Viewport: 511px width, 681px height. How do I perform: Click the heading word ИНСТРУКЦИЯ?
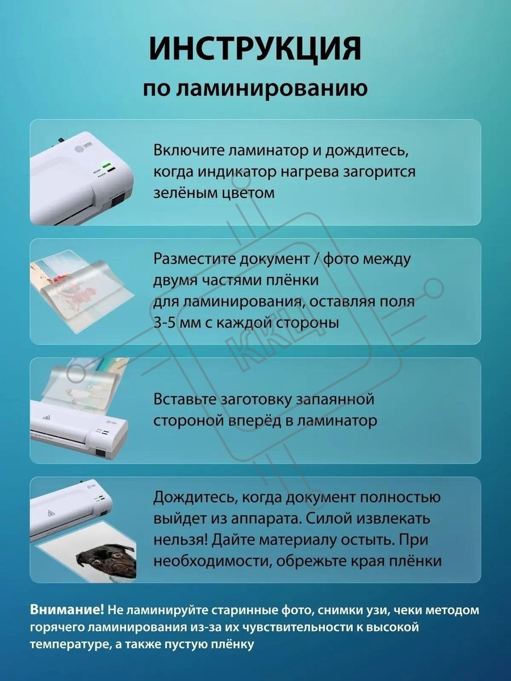[x=256, y=49]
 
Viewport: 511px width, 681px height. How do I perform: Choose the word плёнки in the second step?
[x=292, y=280]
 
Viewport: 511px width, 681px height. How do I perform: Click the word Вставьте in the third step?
[x=185, y=400]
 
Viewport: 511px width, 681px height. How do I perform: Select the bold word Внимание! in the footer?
[x=67, y=609]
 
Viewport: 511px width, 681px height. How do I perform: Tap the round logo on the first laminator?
[x=79, y=148]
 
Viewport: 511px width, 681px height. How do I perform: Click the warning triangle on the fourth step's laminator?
[x=52, y=514]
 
